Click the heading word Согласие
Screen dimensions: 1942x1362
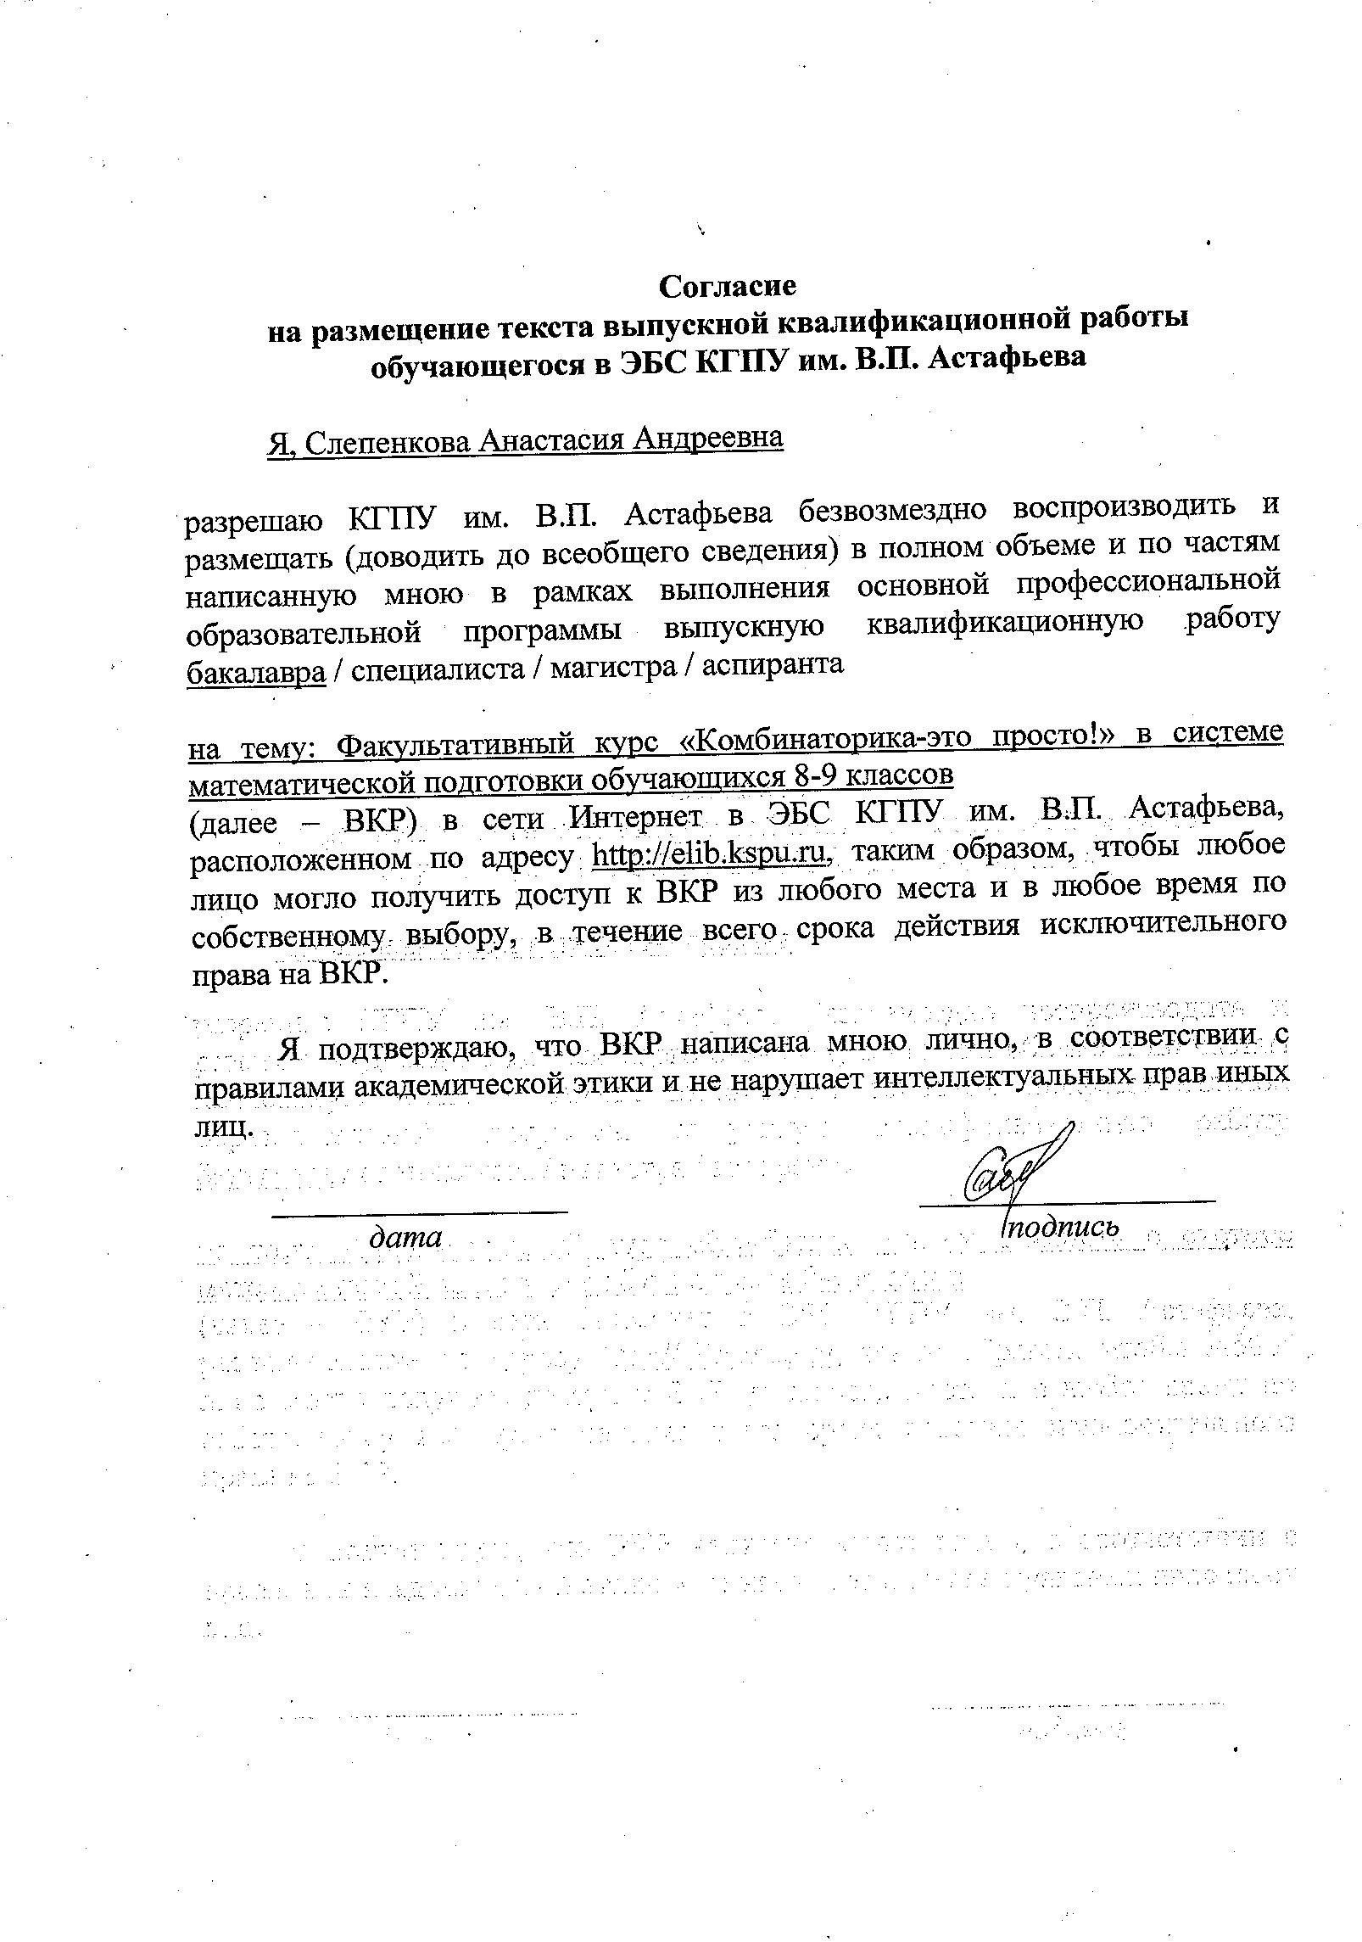(728, 287)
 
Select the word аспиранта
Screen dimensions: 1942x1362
(773, 664)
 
